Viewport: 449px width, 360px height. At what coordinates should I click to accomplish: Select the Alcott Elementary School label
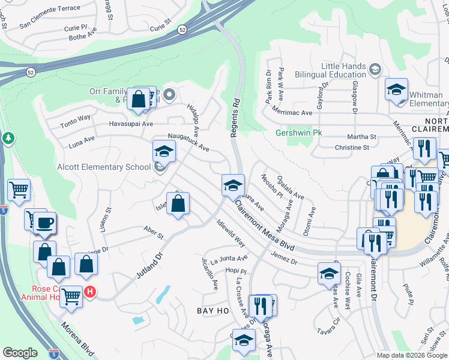point(104,167)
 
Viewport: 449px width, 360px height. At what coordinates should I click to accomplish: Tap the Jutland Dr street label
point(149,263)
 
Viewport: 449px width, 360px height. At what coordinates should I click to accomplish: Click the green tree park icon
point(8,139)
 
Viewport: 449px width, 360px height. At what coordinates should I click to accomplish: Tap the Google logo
point(20,353)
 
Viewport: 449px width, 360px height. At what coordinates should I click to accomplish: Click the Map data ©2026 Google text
point(412,355)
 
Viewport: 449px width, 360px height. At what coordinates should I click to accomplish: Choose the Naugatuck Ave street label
point(188,142)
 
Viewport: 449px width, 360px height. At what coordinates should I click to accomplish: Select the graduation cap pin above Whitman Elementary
point(396,89)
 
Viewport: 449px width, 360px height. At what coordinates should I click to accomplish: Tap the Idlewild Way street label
point(231,233)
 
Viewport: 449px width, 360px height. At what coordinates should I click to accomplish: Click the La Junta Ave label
point(226,259)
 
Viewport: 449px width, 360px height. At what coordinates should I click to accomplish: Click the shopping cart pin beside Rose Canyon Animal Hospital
point(71,295)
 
